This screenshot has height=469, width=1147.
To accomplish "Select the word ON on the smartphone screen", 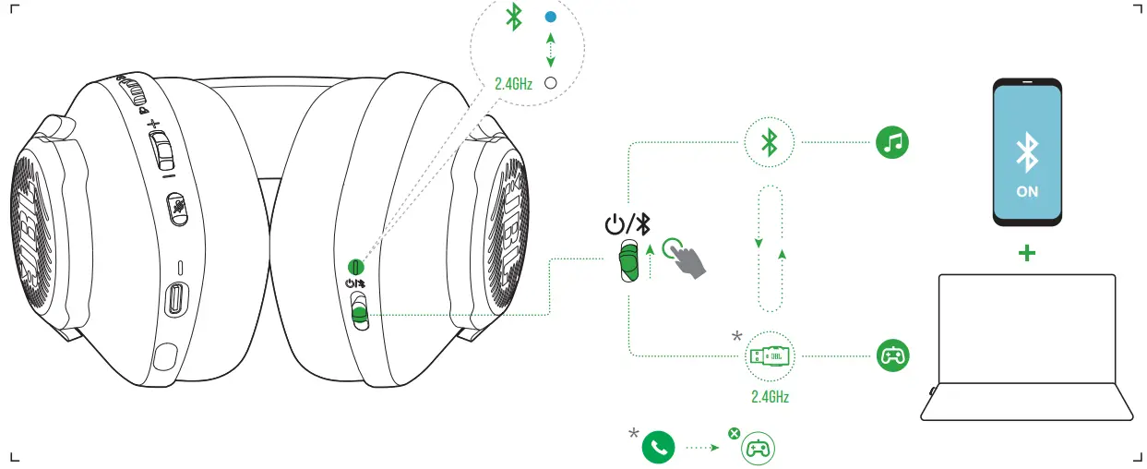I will (1026, 191).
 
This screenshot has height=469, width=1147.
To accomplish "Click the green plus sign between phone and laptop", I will (1026, 251).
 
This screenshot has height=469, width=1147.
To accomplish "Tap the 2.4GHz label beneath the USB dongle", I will (770, 397).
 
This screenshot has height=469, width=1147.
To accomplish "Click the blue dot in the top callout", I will (551, 18).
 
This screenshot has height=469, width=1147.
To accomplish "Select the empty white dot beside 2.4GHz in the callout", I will (551, 83).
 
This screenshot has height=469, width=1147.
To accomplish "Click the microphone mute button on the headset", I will (177, 208).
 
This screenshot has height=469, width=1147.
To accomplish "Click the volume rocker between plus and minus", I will (160, 149).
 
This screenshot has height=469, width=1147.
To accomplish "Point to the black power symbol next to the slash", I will (615, 224).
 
